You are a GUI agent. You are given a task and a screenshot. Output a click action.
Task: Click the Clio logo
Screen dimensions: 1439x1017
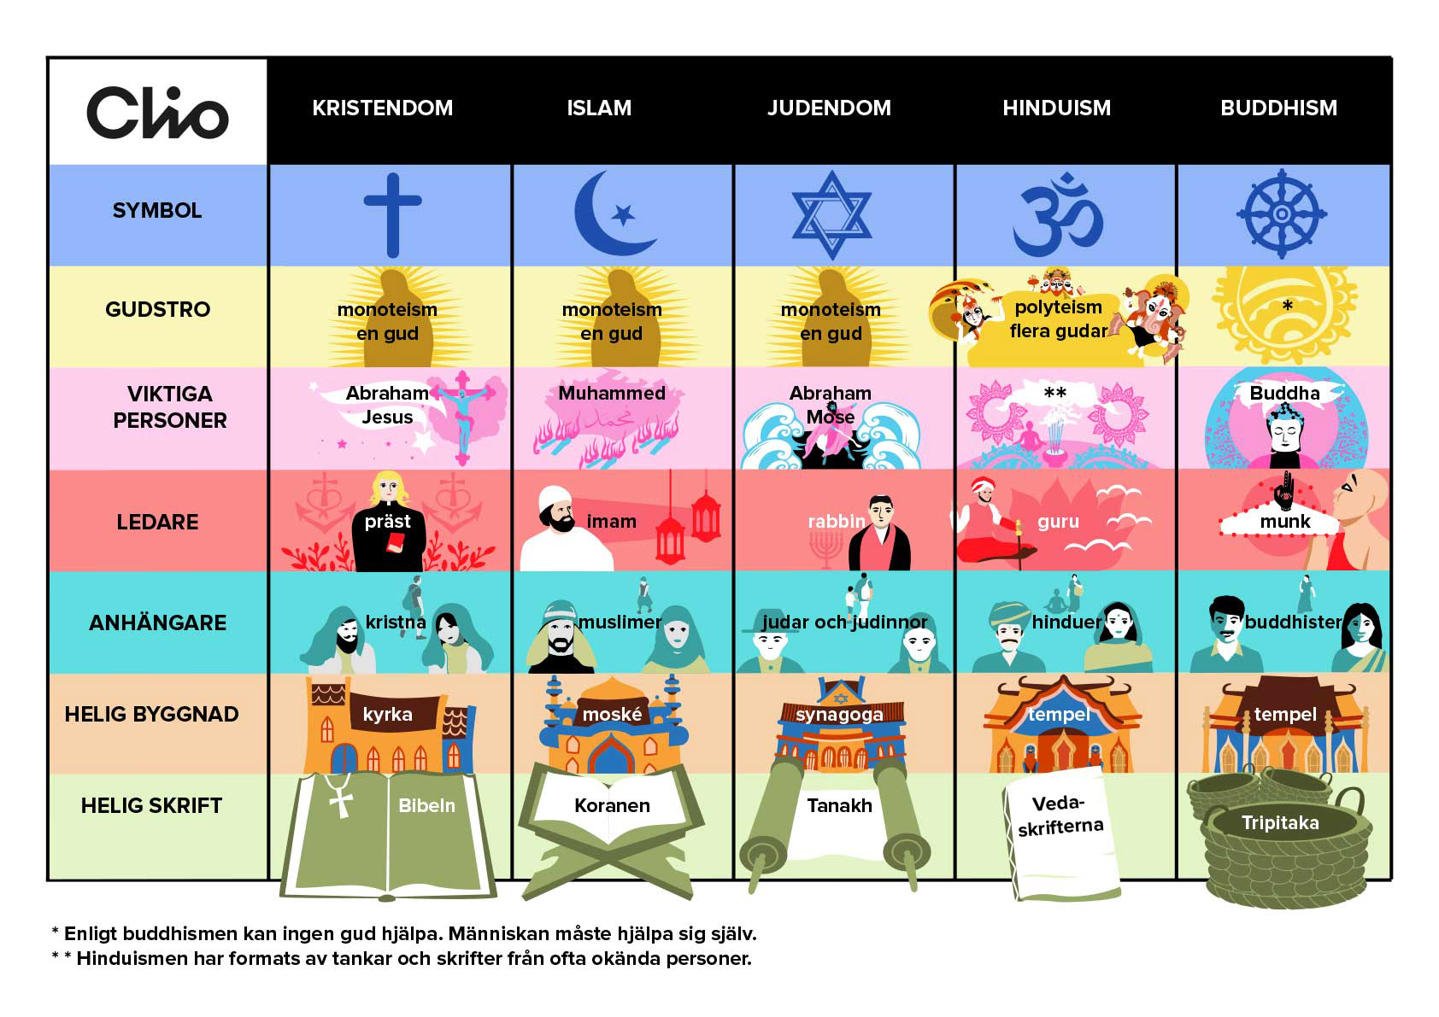point(157,113)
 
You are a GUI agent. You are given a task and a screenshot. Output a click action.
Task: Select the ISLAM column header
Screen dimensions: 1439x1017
point(599,108)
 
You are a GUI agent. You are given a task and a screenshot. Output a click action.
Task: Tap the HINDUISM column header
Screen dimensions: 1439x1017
point(1056,108)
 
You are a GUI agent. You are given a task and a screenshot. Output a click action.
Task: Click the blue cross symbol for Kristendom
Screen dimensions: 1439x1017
point(392,214)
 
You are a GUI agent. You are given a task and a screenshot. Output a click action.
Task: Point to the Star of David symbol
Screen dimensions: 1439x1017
point(831,215)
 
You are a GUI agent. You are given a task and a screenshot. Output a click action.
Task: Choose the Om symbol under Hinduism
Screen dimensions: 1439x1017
point(1058,215)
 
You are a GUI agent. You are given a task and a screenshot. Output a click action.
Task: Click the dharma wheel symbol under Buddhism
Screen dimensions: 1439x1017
point(1281,214)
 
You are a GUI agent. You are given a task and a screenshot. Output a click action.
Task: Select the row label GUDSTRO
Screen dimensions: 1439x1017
point(157,309)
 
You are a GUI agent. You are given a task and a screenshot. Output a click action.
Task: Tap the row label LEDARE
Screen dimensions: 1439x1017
point(157,522)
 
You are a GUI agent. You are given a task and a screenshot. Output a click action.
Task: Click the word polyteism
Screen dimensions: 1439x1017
point(1058,307)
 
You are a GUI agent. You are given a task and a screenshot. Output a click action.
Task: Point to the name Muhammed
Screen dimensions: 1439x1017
point(612,394)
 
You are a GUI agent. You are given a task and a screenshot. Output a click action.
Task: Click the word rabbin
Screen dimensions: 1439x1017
point(837,521)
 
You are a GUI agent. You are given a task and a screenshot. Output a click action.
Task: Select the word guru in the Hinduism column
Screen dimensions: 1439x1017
point(1058,521)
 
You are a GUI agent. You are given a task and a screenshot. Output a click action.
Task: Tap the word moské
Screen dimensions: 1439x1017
point(612,714)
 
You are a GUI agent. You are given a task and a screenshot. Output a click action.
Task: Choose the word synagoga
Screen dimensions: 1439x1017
point(839,714)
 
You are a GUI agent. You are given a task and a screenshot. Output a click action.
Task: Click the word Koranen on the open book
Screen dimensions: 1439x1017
point(612,805)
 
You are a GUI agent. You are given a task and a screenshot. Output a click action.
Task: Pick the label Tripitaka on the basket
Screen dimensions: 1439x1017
point(1279,823)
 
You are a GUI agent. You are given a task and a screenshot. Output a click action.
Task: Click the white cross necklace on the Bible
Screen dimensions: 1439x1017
point(340,798)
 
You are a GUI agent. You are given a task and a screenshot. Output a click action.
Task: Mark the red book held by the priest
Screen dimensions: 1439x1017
point(396,543)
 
